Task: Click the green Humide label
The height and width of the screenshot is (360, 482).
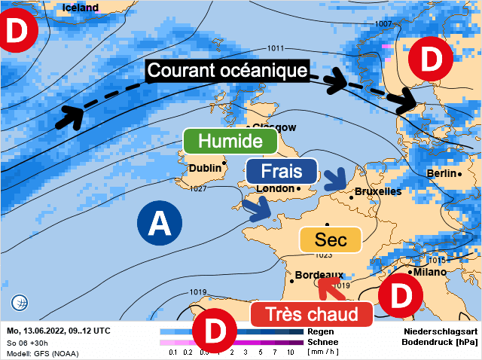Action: click(x=230, y=141)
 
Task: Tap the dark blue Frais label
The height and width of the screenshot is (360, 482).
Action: click(x=282, y=171)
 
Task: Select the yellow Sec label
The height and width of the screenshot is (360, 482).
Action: click(x=331, y=239)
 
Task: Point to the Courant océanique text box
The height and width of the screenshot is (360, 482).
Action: click(x=227, y=71)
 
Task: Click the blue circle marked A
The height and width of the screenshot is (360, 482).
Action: click(x=158, y=223)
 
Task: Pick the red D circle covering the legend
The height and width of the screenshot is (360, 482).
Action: click(x=215, y=331)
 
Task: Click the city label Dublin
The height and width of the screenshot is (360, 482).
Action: click(x=206, y=169)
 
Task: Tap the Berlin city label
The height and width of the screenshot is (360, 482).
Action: click(x=441, y=173)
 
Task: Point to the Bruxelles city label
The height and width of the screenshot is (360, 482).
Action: click(x=377, y=192)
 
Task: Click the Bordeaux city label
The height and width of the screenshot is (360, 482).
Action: click(x=319, y=275)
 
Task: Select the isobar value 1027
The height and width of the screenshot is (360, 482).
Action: click(x=199, y=188)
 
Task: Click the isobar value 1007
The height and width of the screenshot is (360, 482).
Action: click(x=383, y=24)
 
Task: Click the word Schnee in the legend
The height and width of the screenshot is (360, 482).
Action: click(x=325, y=341)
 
